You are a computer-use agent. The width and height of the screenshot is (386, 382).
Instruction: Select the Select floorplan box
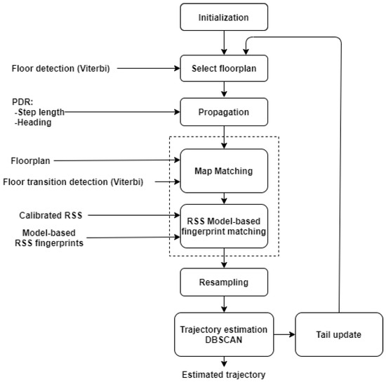[x=225, y=69]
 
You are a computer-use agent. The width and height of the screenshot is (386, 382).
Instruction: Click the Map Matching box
[x=225, y=170]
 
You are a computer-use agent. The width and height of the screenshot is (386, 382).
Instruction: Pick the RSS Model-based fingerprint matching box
[x=225, y=225]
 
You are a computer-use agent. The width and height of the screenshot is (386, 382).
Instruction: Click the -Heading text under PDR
[x=37, y=123]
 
